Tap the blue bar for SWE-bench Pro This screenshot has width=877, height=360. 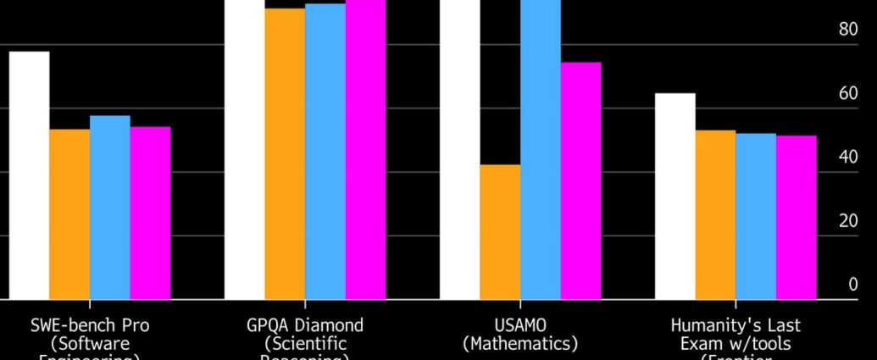click(110, 208)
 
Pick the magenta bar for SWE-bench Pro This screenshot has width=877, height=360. click(150, 213)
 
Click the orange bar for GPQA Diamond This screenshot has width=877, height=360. click(285, 153)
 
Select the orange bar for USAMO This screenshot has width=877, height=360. click(500, 232)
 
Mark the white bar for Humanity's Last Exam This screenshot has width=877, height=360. click(674, 197)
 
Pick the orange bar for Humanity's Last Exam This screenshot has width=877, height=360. click(715, 215)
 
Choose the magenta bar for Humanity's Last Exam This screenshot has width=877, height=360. click(797, 218)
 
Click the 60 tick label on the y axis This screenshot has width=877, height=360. click(847, 93)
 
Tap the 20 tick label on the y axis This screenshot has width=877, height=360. click(847, 221)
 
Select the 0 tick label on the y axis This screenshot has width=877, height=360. click(852, 285)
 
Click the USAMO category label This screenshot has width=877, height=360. click(520, 325)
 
